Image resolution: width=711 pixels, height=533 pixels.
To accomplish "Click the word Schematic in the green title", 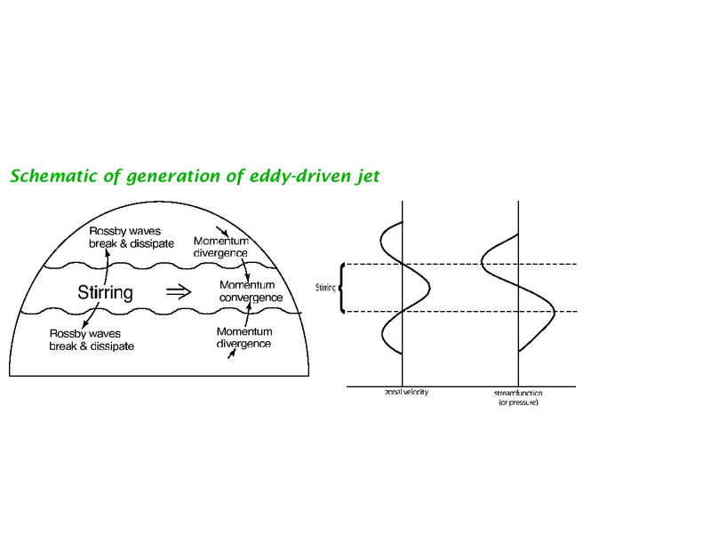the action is point(53,176).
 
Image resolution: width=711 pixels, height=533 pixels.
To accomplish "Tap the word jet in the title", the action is point(367,177).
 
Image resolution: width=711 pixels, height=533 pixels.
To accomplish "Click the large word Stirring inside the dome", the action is point(105,292).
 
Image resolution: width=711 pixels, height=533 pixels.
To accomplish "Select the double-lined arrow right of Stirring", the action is point(179,292).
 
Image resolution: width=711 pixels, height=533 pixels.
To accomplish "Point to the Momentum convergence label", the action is point(251,291).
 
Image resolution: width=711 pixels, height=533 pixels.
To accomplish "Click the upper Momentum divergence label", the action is point(220,247).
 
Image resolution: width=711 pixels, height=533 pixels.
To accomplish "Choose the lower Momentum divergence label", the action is point(244,338).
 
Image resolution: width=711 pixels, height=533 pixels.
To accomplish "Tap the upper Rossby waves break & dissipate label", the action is point(132,237).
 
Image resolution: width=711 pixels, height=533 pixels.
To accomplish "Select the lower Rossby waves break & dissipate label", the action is point(92,340).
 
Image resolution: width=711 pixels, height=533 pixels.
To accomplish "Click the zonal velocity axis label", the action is point(406,392).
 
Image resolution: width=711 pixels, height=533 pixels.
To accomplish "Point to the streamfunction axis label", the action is point(518,393).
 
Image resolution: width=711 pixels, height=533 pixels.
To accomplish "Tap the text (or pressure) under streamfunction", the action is point(518,402).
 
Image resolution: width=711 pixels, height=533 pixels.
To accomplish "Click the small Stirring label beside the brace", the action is point(325,287).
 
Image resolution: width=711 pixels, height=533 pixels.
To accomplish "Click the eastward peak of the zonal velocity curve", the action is point(429,287).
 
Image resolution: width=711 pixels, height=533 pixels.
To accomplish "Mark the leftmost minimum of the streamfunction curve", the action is point(482,263).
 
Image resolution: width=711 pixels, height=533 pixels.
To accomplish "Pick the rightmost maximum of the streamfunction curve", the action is point(554,312).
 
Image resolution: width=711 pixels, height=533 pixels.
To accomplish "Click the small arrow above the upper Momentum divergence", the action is point(222,231).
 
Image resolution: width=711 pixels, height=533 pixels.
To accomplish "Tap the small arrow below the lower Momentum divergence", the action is point(232,354).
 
